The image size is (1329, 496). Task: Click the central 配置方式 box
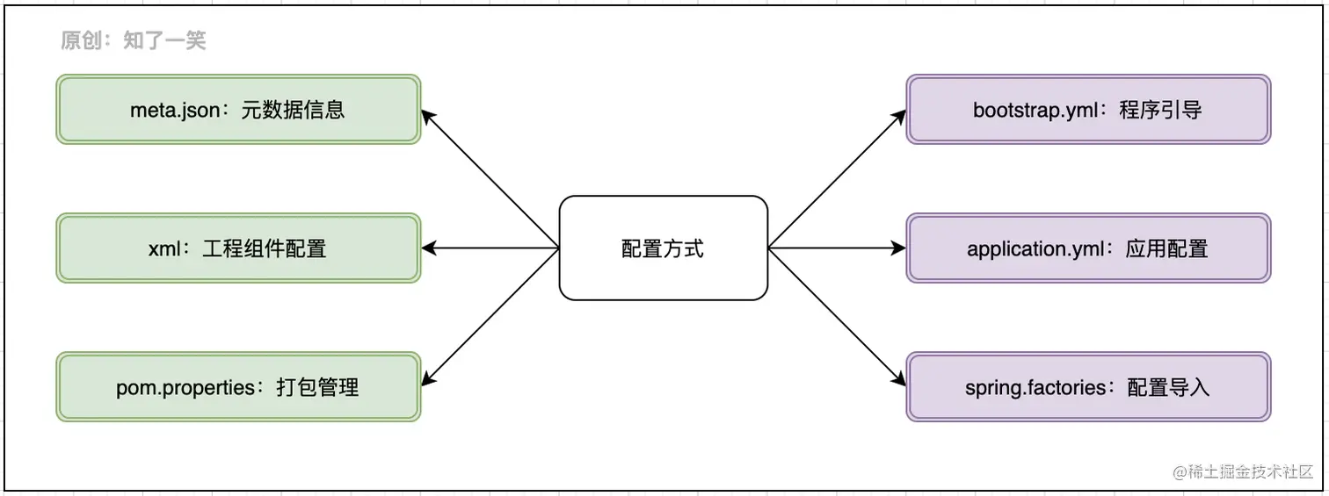663,248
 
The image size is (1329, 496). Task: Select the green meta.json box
238,110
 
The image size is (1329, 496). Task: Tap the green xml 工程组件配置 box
238,248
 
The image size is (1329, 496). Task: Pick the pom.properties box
238,387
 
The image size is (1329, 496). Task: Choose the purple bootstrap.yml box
1088,110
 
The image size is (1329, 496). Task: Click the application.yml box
1088,248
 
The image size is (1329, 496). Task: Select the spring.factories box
1088,387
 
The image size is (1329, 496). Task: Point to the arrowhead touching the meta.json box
428,114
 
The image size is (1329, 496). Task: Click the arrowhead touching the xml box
429,248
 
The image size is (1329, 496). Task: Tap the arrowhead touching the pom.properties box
428,380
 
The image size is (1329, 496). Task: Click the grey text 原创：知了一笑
134,40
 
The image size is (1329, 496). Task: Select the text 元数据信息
293,111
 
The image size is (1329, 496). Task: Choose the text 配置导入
1169,388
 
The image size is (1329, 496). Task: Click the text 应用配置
1167,249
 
